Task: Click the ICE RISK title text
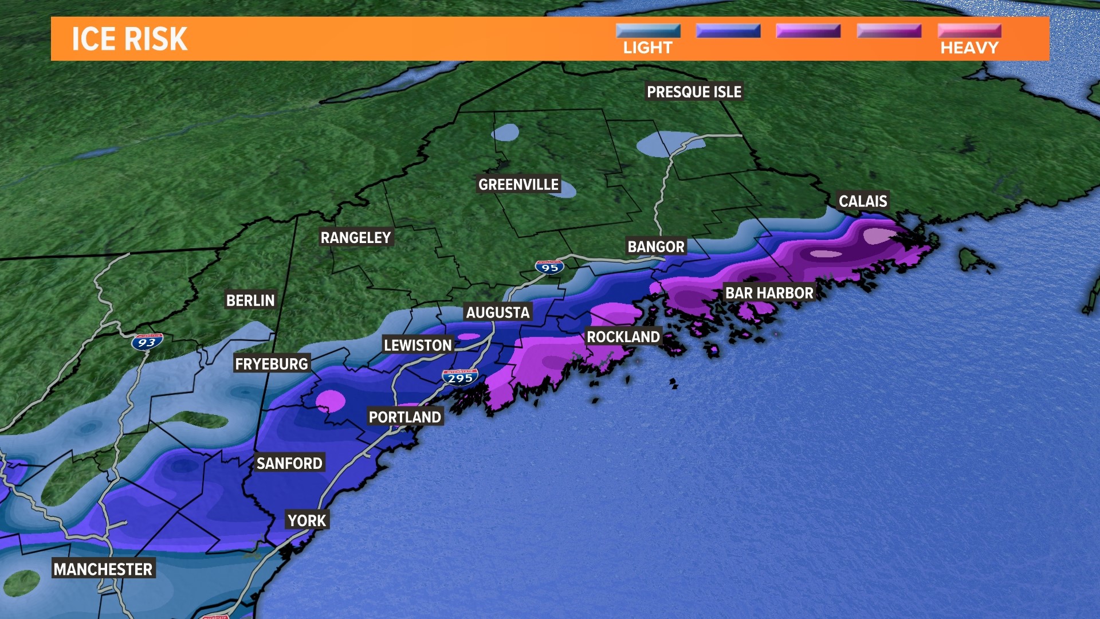129,39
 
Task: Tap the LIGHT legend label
647,48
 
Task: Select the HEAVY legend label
969,48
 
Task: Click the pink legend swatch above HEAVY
969,30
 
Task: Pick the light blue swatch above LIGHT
648,30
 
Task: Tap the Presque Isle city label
694,92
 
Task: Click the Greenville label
518,185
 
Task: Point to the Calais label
863,201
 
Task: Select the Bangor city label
656,247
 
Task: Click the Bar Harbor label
769,293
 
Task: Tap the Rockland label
623,337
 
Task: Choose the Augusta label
498,312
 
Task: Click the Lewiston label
418,345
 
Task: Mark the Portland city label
405,417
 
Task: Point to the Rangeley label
356,237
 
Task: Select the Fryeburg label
272,364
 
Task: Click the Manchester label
103,569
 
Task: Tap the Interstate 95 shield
549,267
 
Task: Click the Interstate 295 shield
460,378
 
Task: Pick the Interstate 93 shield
147,342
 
